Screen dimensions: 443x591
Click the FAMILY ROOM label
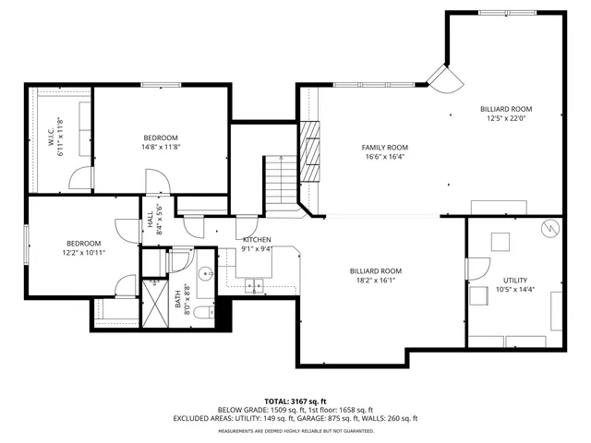384,147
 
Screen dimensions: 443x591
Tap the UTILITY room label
515,279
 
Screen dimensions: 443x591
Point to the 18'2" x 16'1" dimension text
375,281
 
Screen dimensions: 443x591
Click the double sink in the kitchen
254,285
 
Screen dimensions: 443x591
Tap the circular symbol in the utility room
550,227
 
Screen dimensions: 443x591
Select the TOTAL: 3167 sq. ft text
295,400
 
